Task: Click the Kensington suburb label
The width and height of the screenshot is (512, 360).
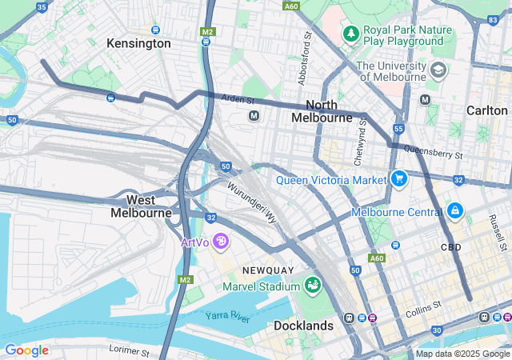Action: [x=138, y=43]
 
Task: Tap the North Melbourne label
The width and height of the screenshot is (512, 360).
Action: [x=322, y=111]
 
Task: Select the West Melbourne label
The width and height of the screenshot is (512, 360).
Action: [x=141, y=206]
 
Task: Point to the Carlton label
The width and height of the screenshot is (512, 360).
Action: [x=487, y=110]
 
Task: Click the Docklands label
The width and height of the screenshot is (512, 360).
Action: [x=303, y=326]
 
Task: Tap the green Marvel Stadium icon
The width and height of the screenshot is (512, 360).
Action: [x=312, y=285]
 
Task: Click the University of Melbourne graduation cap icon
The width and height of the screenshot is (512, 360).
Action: [x=438, y=70]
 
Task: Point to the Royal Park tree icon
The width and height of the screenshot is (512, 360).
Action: [x=350, y=34]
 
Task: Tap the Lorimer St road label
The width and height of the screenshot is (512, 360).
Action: [x=128, y=350]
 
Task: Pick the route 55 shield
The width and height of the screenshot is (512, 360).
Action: [x=398, y=129]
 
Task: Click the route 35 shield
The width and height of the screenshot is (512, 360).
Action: [x=42, y=6]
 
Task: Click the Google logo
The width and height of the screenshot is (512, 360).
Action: [x=26, y=350]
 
